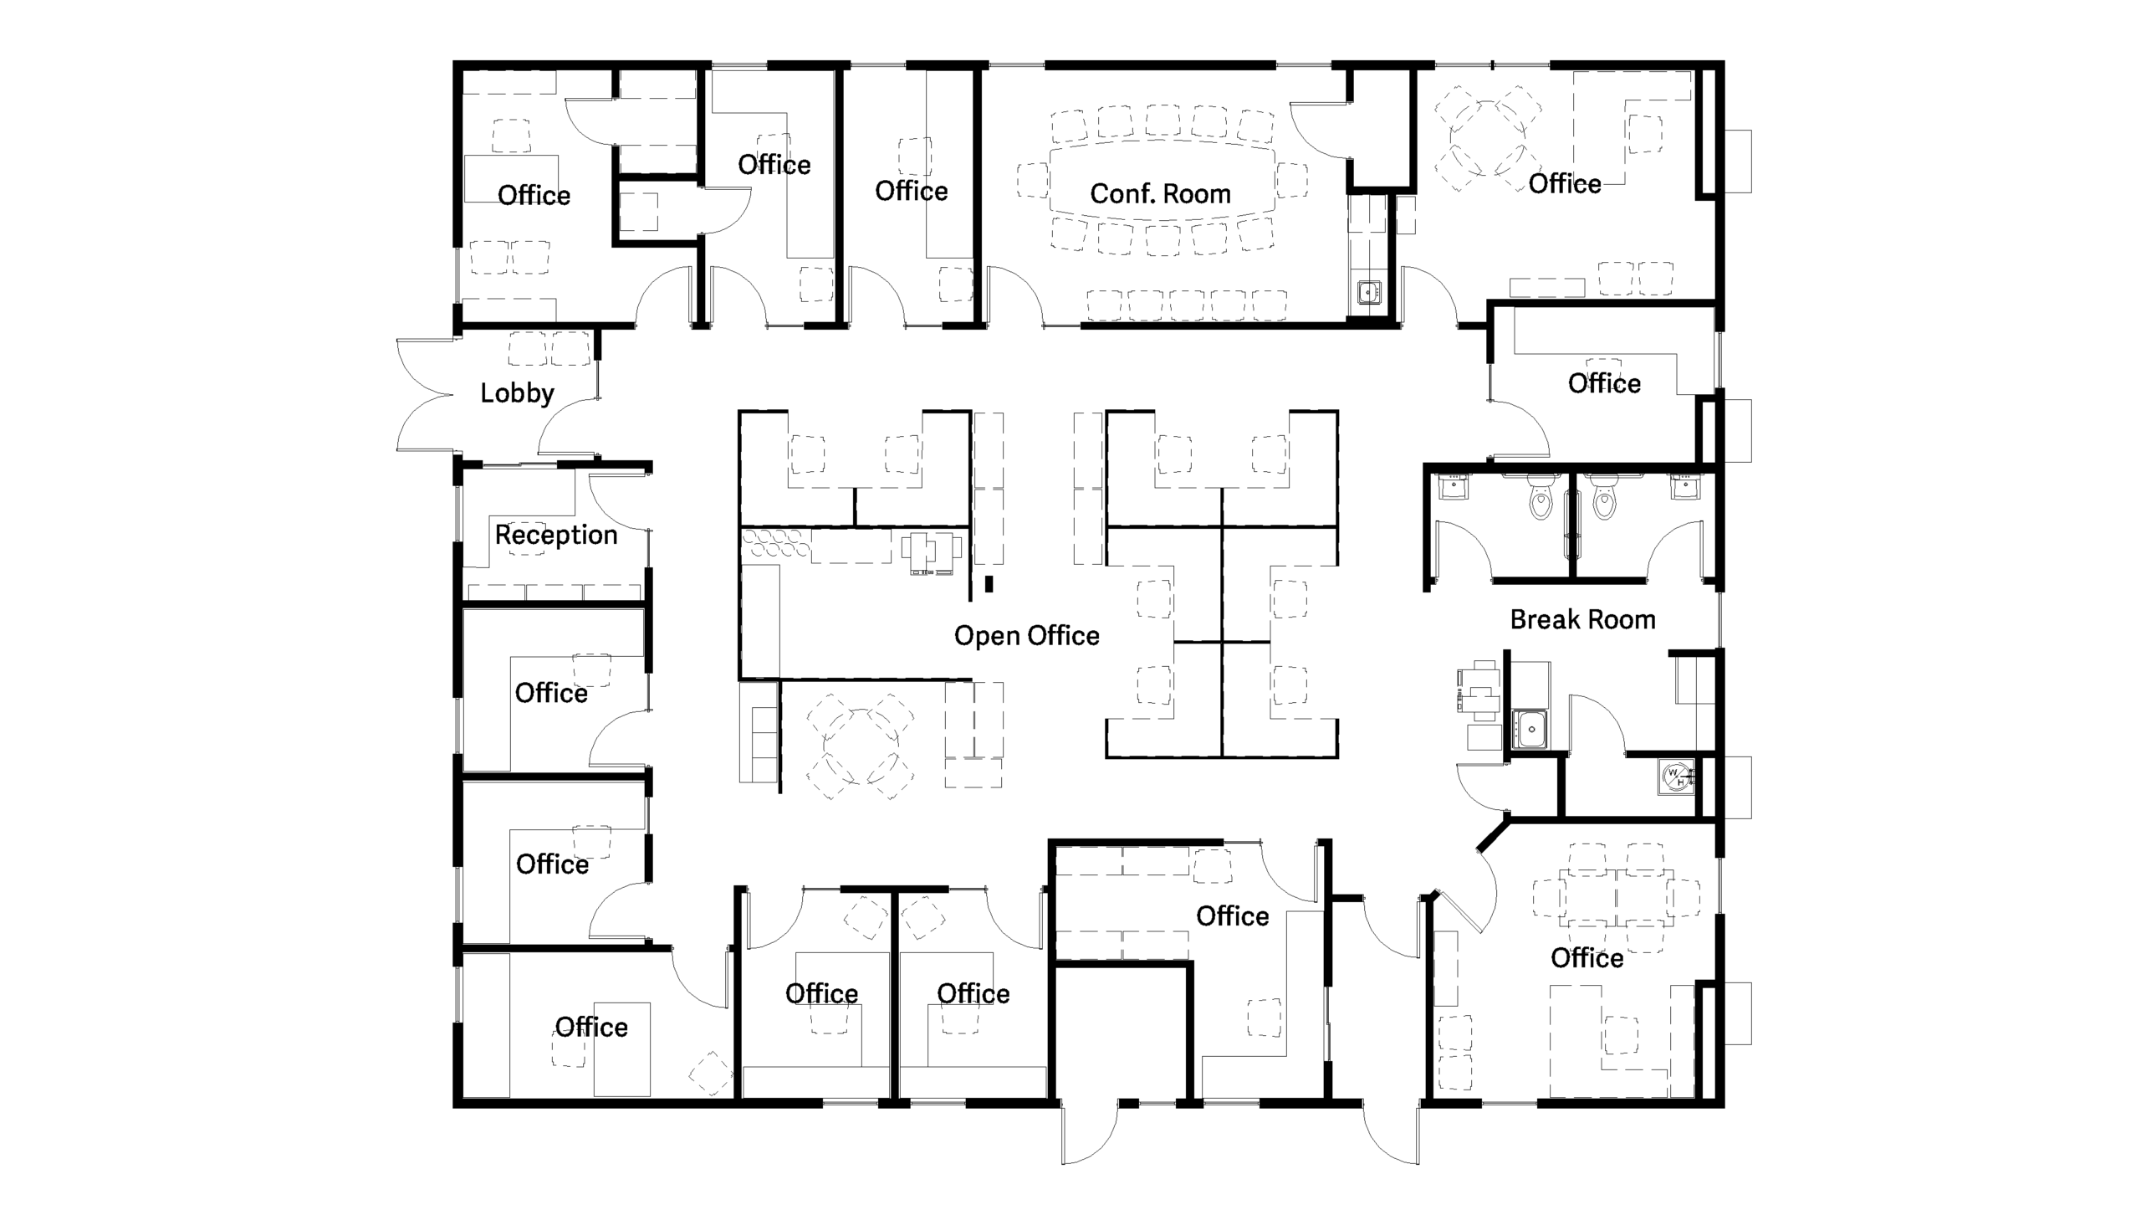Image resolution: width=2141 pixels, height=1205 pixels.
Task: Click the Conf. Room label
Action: pos(1160,194)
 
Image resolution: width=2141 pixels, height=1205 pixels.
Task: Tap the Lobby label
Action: pos(517,393)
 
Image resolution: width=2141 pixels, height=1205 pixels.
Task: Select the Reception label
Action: pos(556,536)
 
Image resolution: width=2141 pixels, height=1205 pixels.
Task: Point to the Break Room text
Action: pos(1582,620)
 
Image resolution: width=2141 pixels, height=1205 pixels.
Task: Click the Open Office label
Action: pos(1026,636)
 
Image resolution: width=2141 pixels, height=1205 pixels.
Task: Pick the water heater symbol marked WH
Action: pos(1676,777)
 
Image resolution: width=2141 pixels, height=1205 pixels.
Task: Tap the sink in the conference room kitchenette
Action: pos(1368,293)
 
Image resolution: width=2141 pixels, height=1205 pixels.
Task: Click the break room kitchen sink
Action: pos(1530,729)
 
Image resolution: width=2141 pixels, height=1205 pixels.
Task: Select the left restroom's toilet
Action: pos(1540,500)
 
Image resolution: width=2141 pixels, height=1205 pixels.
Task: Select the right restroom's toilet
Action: pos(1603,500)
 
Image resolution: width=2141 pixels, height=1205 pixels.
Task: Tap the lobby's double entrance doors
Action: pos(427,393)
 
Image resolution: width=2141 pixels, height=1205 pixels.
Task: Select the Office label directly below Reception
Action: pos(551,694)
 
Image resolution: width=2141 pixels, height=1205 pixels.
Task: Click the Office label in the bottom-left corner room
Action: pos(591,1028)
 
